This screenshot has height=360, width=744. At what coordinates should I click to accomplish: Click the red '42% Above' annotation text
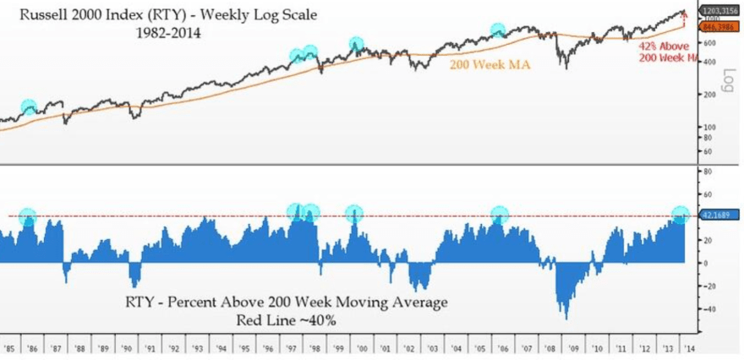pos(662,46)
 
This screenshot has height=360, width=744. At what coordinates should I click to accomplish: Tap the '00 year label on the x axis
pos(361,347)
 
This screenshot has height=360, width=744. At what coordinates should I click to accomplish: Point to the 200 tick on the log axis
pos(708,94)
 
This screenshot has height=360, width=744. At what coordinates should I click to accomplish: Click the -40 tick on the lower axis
pos(708,308)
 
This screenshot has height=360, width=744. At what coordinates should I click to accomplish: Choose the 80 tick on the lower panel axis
pos(708,171)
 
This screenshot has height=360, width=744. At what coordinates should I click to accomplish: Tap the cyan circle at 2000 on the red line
pos(353,213)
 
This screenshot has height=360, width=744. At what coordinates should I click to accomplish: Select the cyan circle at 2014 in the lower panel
pos(681,215)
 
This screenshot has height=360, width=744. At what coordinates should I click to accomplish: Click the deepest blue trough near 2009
pos(565,318)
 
